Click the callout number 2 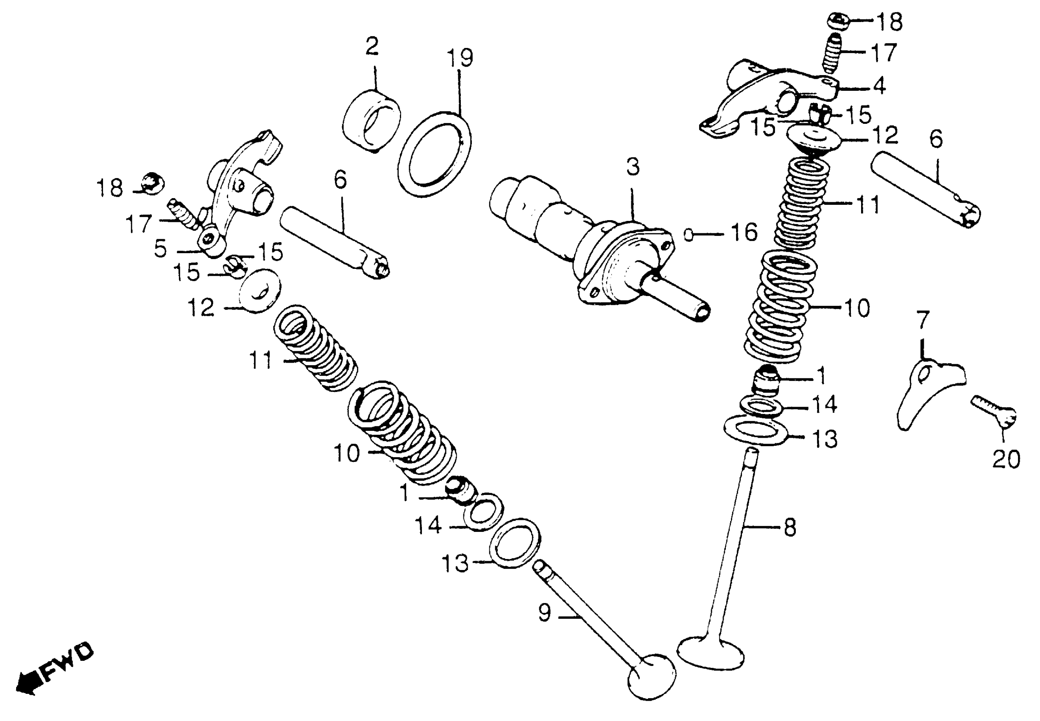point(372,47)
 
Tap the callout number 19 point(460,58)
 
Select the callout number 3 point(633,167)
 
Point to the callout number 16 point(743,233)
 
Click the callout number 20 point(1006,460)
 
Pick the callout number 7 point(923,320)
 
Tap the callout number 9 point(545,613)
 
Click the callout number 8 point(790,528)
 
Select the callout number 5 point(160,249)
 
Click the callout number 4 point(879,86)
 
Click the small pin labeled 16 point(688,235)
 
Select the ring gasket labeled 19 point(435,154)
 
